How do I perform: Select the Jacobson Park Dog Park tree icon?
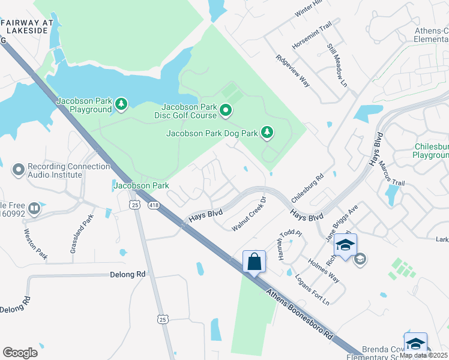tap(267, 132)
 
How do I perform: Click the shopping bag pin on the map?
tap(254, 262)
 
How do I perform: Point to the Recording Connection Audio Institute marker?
tap(19, 169)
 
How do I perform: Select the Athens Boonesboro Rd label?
tap(299, 313)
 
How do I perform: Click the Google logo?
tap(20, 353)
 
